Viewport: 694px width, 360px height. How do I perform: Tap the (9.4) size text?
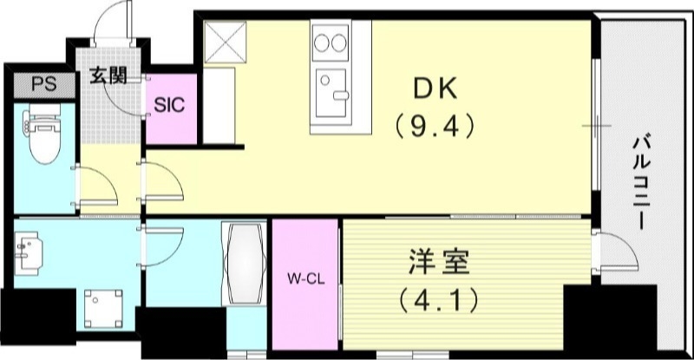pos(434,127)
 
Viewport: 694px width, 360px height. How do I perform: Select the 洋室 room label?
pos(439,262)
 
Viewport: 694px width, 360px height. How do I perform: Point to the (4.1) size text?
pos(439,301)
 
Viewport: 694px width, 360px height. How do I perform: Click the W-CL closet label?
pos(305,280)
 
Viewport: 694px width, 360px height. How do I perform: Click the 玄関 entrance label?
pos(108,75)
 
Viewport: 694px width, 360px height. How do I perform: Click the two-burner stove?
pos(329,41)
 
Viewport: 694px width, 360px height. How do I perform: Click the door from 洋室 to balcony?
pos(610,253)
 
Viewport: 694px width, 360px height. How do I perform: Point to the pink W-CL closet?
pos(305,260)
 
